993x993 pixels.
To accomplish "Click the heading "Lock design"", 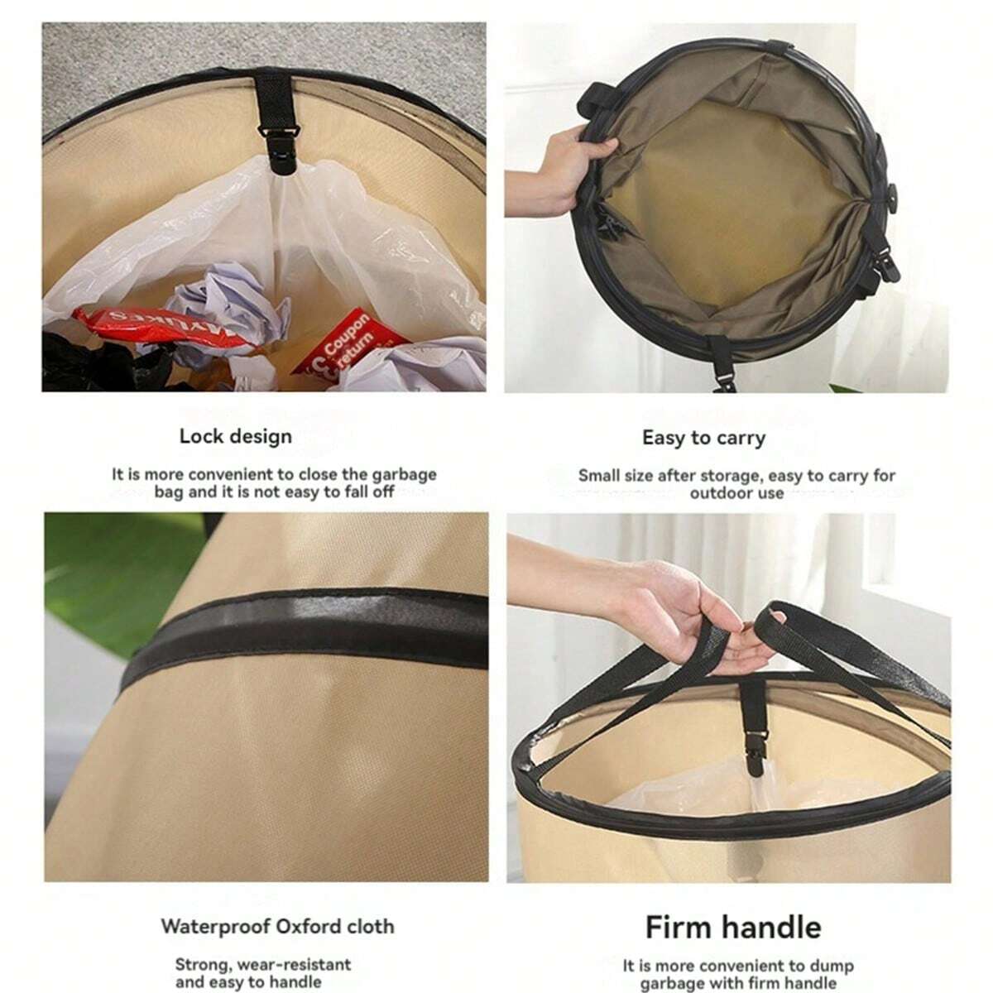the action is click(236, 437).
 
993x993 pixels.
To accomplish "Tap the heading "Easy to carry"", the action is click(704, 439).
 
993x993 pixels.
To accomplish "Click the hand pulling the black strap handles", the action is click(685, 608).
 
